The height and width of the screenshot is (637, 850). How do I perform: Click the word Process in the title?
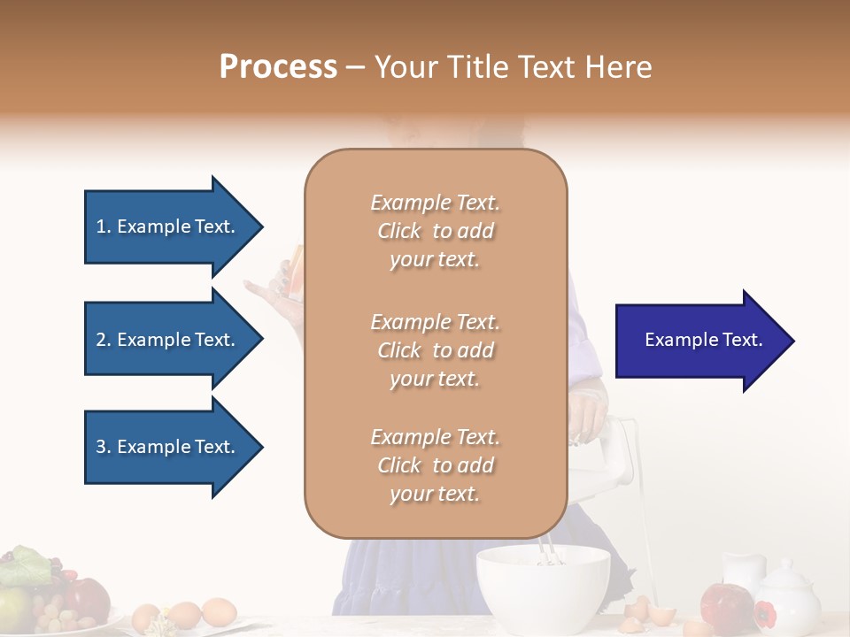(x=278, y=67)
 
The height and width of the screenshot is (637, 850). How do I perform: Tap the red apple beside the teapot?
(x=726, y=605)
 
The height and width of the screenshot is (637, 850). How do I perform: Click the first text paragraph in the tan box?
(x=435, y=231)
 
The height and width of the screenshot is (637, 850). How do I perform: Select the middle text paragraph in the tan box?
(x=435, y=350)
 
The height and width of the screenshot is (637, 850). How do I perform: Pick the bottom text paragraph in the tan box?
(x=435, y=465)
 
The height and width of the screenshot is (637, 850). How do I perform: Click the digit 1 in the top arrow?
(x=101, y=226)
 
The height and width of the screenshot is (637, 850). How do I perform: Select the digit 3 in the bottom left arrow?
(x=101, y=447)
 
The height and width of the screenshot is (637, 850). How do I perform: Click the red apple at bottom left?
(x=88, y=599)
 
